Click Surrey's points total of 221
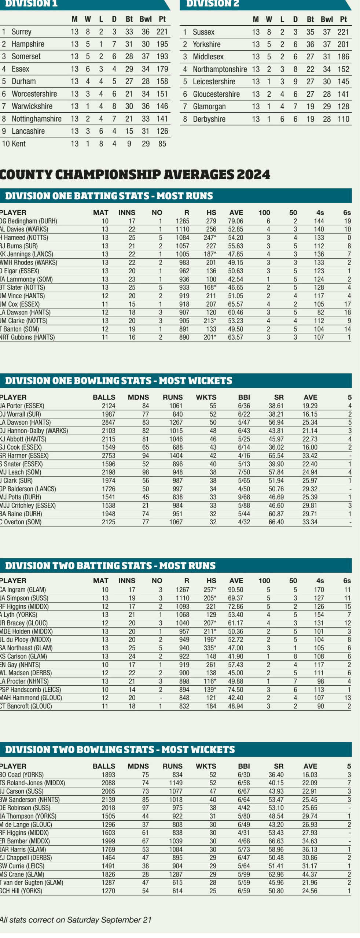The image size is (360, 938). [162, 32]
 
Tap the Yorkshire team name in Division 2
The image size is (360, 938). [206, 44]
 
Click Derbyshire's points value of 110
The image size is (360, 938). [343, 119]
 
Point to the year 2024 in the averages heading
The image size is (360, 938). [253, 174]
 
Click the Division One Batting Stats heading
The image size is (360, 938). [109, 196]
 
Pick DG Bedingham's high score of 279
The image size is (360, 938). [211, 221]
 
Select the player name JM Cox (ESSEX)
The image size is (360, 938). [20, 304]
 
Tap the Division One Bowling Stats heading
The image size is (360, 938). [118, 381]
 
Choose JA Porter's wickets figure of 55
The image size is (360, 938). [213, 406]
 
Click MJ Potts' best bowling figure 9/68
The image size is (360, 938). [244, 497]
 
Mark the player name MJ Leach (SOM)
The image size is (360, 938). [21, 472]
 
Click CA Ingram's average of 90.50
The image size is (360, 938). [235, 590]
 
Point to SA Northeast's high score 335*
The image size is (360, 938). [210, 648]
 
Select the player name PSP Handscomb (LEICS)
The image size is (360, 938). [30, 690]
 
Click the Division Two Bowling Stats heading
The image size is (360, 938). [120, 750]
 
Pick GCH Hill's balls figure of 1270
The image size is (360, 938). [108, 891]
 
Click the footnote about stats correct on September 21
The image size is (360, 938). [76, 920]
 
